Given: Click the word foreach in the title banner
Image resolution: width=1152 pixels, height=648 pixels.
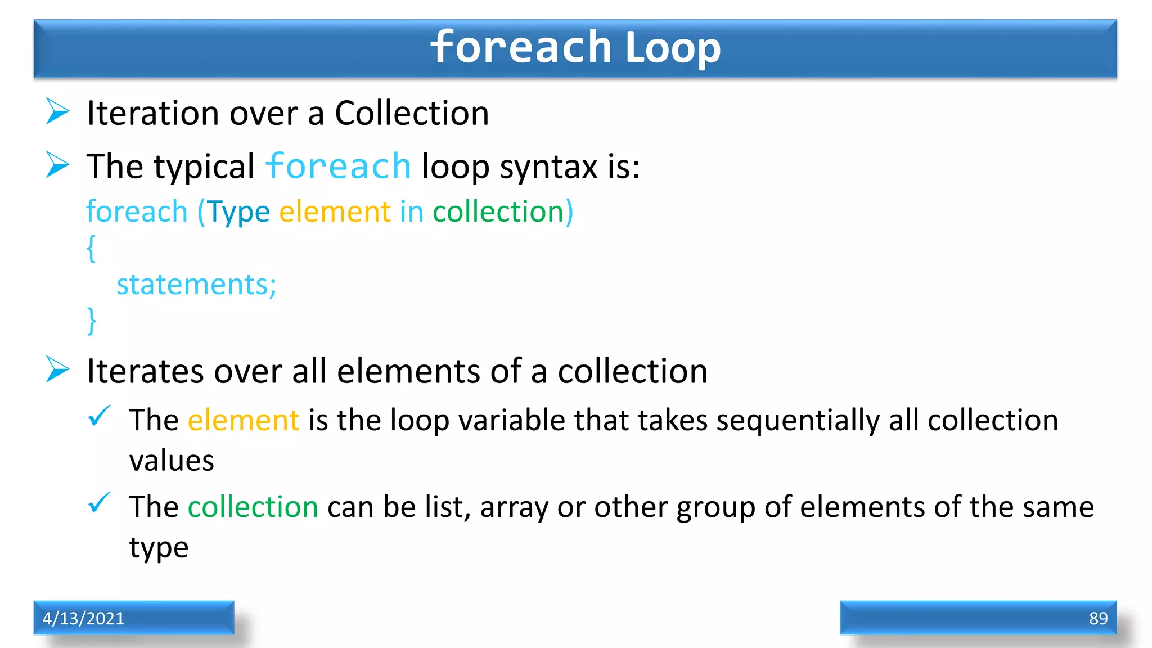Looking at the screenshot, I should (521, 47).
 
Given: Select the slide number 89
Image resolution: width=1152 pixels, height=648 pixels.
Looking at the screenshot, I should (1098, 618).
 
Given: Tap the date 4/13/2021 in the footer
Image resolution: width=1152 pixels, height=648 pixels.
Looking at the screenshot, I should (83, 618).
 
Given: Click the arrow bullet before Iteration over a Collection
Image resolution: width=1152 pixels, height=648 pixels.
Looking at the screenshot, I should (57, 111).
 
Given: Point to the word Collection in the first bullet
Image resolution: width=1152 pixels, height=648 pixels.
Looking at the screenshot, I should (412, 113).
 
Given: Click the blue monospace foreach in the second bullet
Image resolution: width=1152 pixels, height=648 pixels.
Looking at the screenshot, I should (338, 166).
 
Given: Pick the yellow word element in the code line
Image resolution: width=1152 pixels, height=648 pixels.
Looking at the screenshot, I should (335, 212).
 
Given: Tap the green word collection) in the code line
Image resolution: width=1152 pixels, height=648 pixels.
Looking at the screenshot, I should (502, 212).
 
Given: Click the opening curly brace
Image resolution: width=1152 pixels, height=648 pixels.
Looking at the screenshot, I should (91, 248).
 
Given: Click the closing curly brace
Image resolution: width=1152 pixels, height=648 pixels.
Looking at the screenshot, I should (91, 321).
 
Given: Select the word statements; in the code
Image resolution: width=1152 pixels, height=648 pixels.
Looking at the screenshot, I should (196, 285).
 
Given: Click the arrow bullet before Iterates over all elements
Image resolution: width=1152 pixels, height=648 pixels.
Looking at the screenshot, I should (57, 370).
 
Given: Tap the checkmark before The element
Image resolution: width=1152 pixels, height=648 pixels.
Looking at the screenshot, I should (100, 417).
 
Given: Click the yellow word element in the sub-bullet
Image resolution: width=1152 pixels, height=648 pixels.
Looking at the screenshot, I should (243, 421).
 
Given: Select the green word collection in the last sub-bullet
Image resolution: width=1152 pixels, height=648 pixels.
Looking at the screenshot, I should (253, 507).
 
